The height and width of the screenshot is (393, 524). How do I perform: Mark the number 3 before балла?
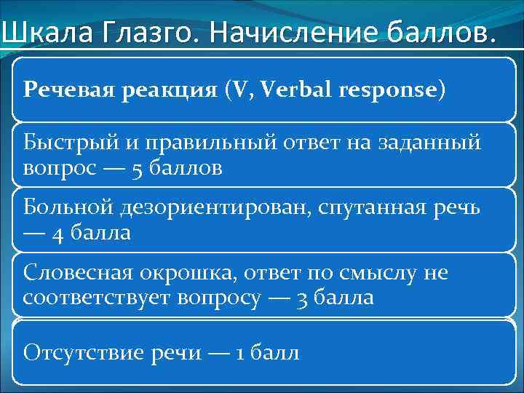[x=302, y=298]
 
